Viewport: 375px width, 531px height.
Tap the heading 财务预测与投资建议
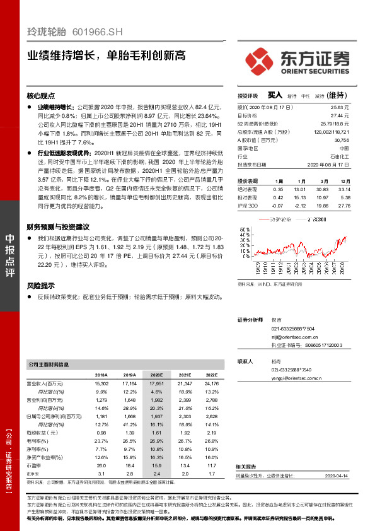pyautogui.click(x=58, y=227)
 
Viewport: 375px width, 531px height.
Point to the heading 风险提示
pyautogui.click(x=41, y=285)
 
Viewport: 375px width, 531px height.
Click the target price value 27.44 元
pyautogui.click(x=340, y=117)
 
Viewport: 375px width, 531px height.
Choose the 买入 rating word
pyautogui.click(x=274, y=95)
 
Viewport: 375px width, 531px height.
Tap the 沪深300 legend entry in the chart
pyautogui.click(x=313, y=219)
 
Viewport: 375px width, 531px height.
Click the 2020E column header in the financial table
pyautogui.click(x=157, y=375)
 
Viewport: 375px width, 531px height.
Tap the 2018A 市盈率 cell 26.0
pyautogui.click(x=101, y=465)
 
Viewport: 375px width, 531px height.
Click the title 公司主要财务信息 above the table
pyautogui.click(x=49, y=365)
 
